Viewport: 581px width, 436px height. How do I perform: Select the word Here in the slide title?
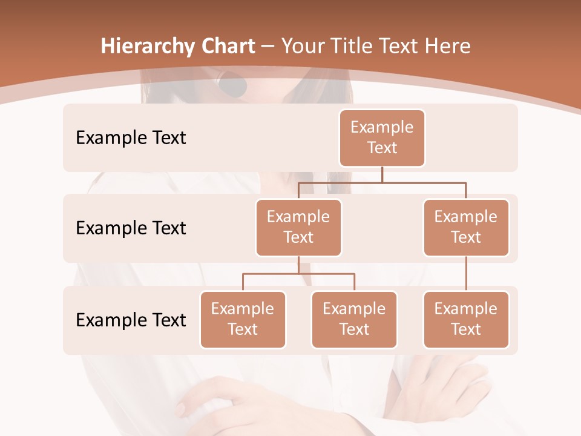pos(448,46)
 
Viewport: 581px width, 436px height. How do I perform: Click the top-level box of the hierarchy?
pos(382,138)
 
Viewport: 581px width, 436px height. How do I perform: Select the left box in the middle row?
pos(298,228)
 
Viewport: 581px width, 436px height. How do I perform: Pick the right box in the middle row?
pos(466,228)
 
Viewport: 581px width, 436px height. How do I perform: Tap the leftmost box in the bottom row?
pos(243,320)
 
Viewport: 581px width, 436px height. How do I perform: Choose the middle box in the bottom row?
pos(354,320)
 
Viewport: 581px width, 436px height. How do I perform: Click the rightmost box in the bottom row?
pos(466,320)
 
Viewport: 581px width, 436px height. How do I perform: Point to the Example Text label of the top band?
pos(131,138)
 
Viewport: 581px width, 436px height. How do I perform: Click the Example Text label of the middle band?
pos(131,228)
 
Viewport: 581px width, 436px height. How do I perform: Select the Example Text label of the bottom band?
pos(131,320)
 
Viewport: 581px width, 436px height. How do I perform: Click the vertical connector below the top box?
pos(382,174)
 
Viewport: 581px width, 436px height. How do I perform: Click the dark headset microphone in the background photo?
pos(232,85)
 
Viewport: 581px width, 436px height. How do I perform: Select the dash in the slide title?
pos(268,47)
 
